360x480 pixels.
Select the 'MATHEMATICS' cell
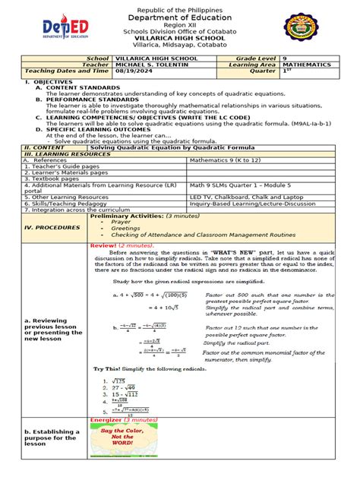310,65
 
